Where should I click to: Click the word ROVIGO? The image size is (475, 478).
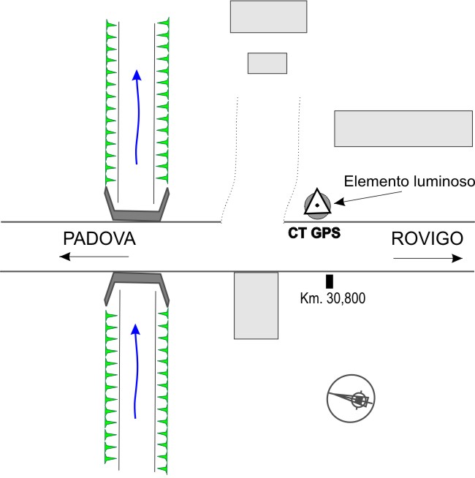tap(427, 239)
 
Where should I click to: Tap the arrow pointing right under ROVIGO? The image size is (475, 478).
tap(427, 258)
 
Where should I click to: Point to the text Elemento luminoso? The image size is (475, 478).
tap(410, 181)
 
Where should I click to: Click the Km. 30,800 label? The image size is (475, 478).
tap(332, 298)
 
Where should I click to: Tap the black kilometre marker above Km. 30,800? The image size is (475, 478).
tap(330, 281)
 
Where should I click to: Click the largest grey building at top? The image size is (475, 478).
tap(268, 17)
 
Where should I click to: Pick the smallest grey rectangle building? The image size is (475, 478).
tap(267, 63)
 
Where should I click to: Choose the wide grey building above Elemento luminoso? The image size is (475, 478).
tap(403, 129)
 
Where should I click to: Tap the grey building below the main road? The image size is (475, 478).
tap(256, 306)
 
